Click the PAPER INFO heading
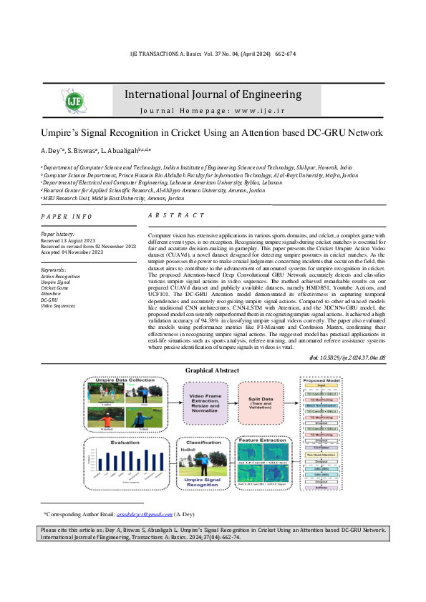point(67,216)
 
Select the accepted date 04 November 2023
point(70,252)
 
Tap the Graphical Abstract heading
point(213,370)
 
